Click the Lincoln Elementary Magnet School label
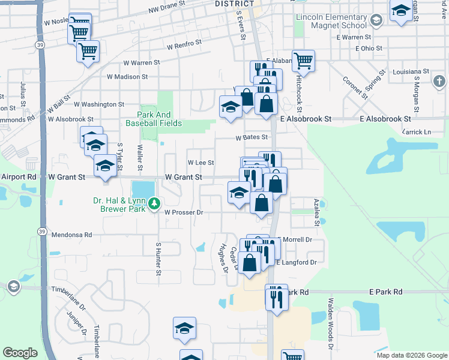click(331, 21)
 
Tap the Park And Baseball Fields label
click(154, 119)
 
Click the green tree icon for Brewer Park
click(154, 204)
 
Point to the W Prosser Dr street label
click(184, 212)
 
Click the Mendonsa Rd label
click(71, 235)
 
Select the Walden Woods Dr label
click(330, 324)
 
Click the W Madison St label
click(127, 77)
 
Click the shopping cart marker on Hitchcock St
click(304, 61)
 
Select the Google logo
click(20, 353)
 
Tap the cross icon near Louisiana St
click(439, 80)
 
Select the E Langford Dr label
click(296, 262)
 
